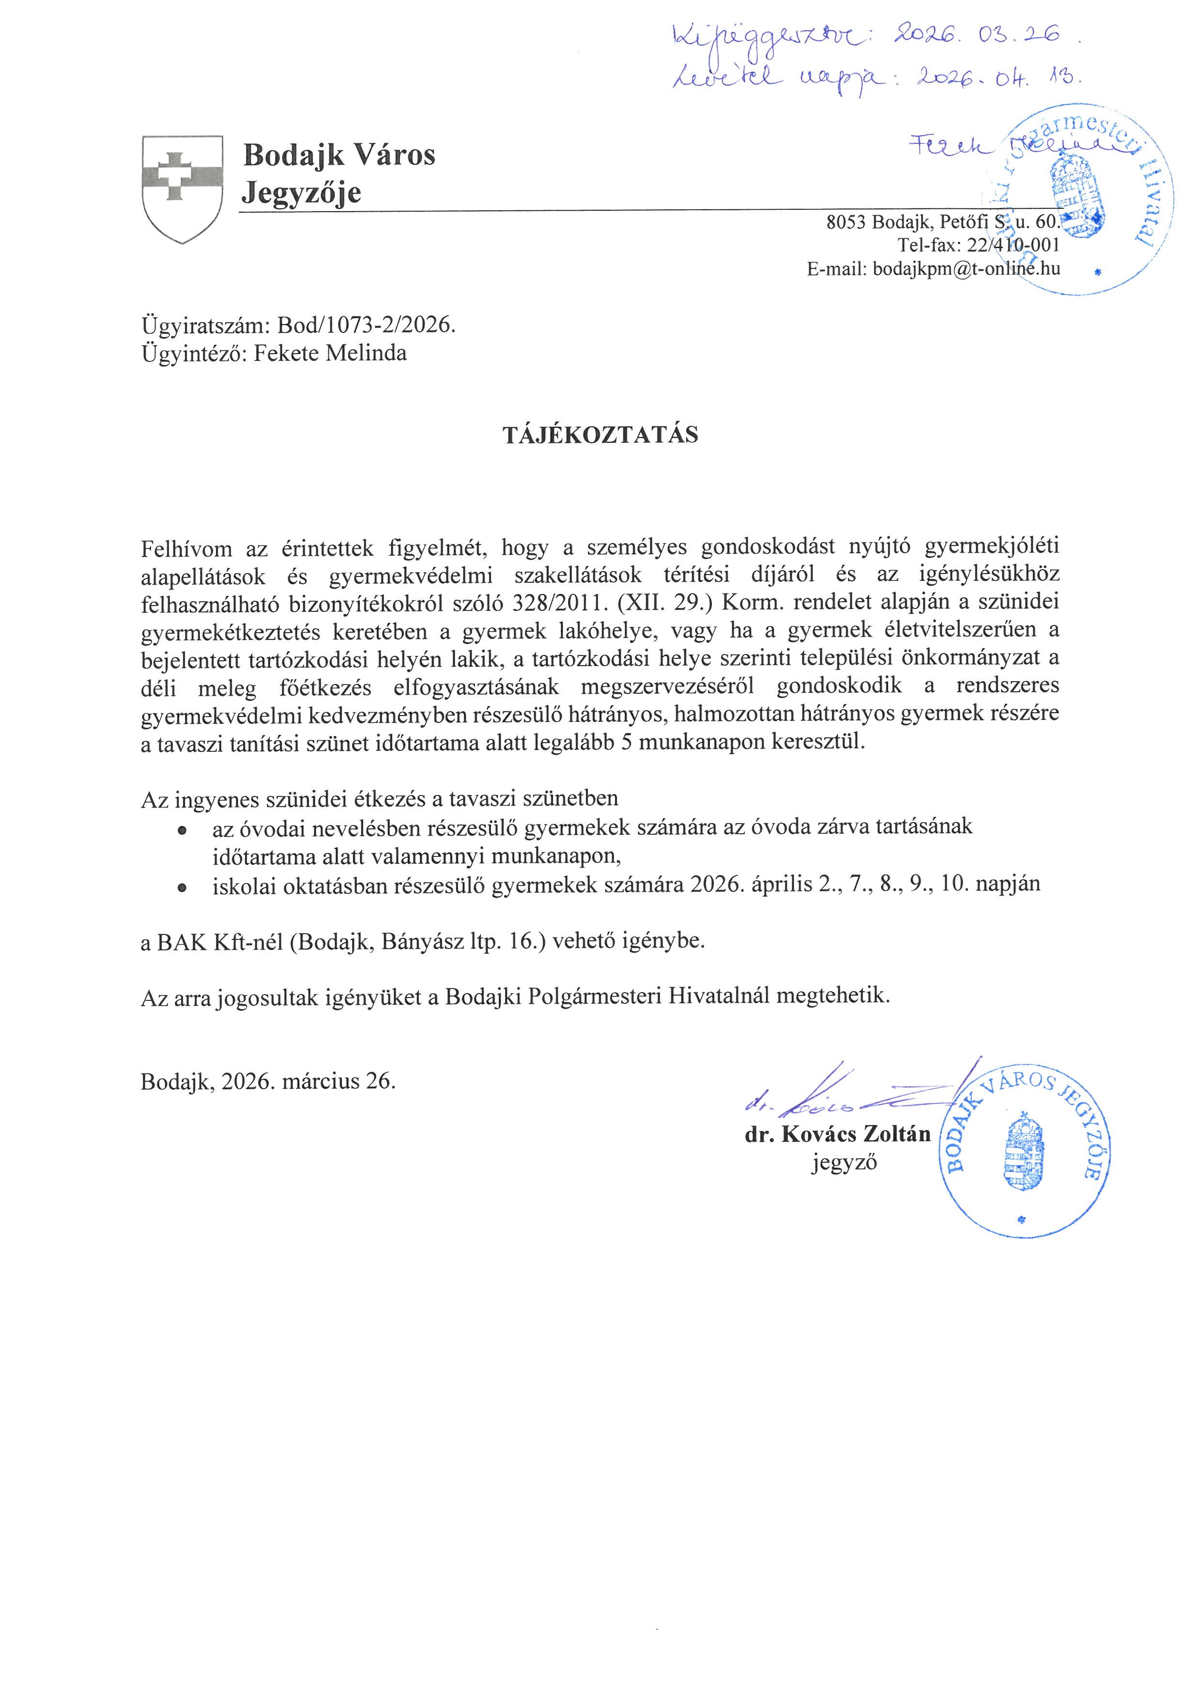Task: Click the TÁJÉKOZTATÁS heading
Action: pos(600,435)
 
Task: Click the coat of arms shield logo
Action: pos(182,188)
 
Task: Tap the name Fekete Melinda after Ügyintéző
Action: pos(330,353)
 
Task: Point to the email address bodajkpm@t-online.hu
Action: pos(966,268)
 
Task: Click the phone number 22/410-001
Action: pos(1013,245)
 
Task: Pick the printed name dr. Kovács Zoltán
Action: pos(837,1134)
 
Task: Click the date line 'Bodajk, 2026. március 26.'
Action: pos(268,1082)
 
